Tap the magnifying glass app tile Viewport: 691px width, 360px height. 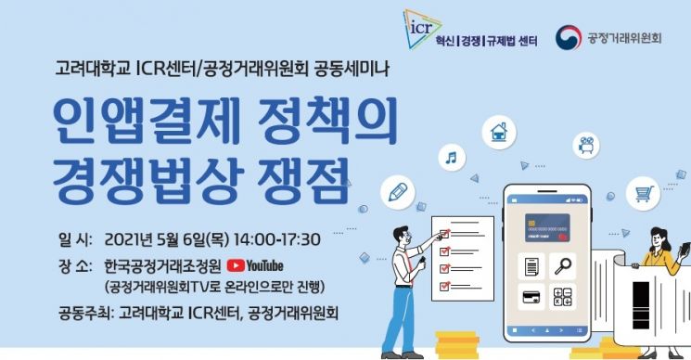coord(560,266)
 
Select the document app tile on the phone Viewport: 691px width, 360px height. coord(531,266)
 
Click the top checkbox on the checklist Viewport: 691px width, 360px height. coord(444,229)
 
